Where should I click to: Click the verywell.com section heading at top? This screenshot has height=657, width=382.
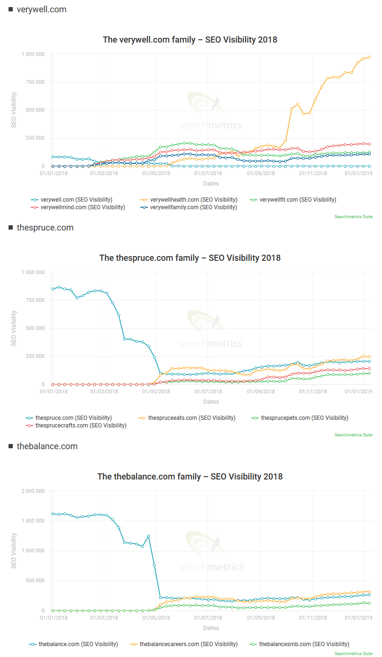pos(41,9)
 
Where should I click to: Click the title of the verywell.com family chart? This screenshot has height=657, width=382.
pos(190,40)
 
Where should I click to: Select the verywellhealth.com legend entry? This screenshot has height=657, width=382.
pos(193,200)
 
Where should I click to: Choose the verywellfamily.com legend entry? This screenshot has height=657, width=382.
pos(193,207)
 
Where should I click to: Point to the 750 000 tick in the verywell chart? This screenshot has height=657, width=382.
pos(33,82)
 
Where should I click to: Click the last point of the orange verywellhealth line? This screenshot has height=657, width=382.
pos(369,57)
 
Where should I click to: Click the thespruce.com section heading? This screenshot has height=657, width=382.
pos(45,228)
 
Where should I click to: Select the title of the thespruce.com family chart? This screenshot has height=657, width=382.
pos(190,258)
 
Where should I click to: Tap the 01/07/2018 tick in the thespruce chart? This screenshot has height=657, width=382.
pos(209,392)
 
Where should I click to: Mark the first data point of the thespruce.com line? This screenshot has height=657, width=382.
pos(53,289)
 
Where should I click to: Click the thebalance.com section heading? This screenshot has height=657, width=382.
pos(47,446)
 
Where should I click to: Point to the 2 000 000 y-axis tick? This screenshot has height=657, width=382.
pos(31,491)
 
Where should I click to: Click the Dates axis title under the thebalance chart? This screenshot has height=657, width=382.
pos(211,628)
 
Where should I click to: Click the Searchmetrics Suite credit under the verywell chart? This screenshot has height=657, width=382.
pos(353,217)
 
